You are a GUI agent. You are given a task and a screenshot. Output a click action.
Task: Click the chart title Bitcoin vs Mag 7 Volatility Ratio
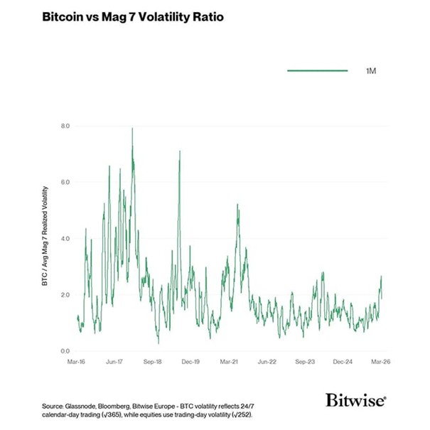tap(133, 16)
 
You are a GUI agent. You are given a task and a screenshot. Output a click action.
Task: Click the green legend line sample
tap(317, 71)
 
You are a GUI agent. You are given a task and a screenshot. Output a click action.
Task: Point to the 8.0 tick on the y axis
tap(65, 126)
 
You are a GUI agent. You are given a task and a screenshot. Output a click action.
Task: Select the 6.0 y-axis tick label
tap(65, 182)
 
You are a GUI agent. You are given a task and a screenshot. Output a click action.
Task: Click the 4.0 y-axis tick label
tap(65, 238)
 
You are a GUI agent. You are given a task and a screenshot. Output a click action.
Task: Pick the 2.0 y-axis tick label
tap(65, 294)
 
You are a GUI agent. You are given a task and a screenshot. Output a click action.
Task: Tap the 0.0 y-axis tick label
tap(65, 350)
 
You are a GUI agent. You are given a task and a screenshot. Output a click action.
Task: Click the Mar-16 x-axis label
tap(77, 362)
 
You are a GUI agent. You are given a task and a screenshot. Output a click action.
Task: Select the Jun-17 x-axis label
tap(116, 362)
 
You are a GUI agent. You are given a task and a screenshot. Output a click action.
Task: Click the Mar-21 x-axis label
tap(230, 362)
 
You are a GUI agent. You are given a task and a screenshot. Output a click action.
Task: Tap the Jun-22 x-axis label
tap(268, 362)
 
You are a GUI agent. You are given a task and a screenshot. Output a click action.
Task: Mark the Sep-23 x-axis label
tap(306, 362)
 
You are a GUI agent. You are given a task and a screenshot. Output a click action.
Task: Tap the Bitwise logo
tap(356, 400)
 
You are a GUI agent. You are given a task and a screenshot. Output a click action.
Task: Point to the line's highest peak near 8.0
tap(132, 129)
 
